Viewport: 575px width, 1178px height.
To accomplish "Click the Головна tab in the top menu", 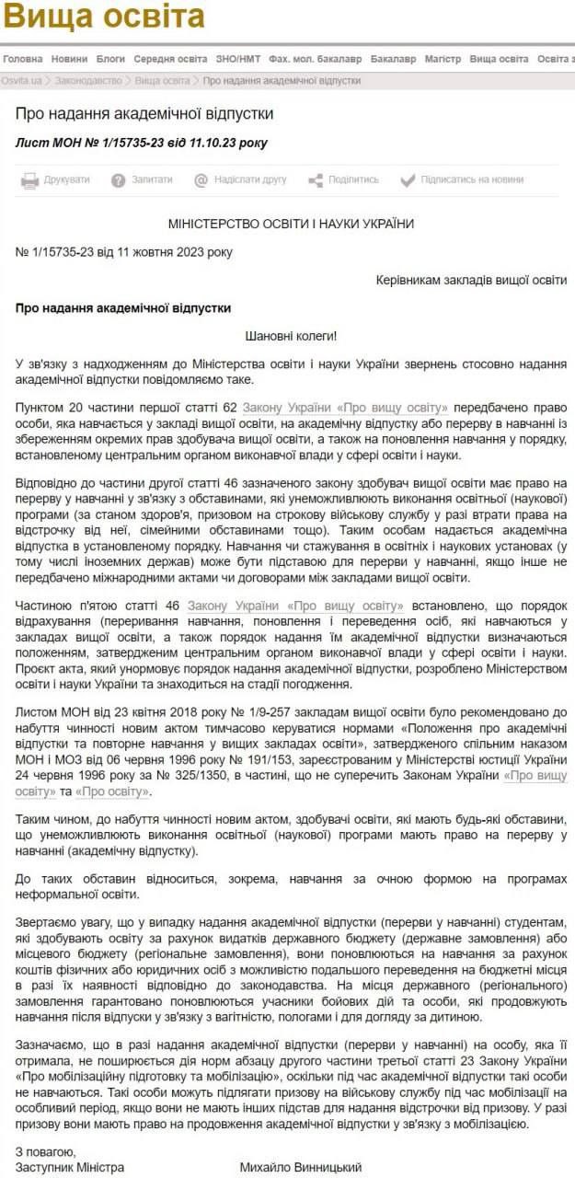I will tap(23, 58).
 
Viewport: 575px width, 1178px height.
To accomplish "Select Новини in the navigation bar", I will tap(70, 58).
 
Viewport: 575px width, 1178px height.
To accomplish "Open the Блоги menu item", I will tap(110, 58).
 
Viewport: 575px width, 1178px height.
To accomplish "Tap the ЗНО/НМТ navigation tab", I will tap(238, 58).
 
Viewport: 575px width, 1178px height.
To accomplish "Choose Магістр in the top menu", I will tap(443, 58).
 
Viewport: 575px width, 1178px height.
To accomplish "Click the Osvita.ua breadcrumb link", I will tap(22, 81).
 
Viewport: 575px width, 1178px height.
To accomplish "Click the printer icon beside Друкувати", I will tap(29, 180).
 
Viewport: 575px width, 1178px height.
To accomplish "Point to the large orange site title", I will tap(102, 18).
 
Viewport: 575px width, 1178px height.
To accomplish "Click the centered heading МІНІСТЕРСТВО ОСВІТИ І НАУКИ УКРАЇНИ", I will tap(291, 224).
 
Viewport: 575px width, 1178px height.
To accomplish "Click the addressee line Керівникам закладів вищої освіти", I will tap(472, 280).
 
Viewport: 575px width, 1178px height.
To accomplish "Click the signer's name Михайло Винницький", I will tap(300, 1167).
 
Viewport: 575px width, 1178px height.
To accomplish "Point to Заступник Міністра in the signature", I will tap(70, 1167).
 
